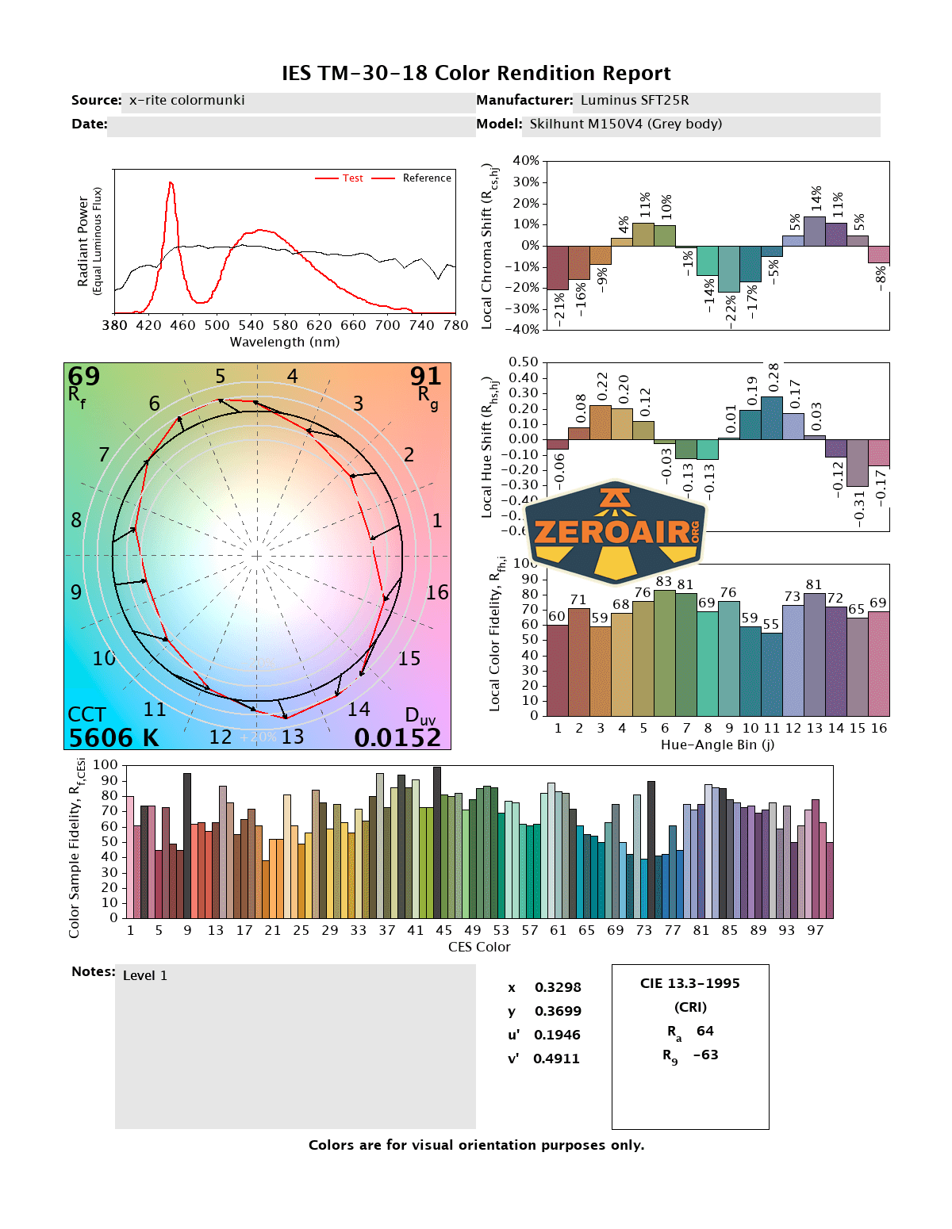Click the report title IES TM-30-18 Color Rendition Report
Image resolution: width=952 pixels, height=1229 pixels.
pyautogui.click(x=476, y=74)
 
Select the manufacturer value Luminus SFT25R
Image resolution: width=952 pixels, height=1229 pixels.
pyautogui.click(x=634, y=101)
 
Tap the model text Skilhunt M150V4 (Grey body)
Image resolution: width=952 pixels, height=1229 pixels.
pyautogui.click(x=625, y=124)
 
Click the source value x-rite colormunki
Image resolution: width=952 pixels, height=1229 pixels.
pyautogui.click(x=186, y=101)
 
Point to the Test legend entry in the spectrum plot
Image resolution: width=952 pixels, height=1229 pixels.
pyautogui.click(x=352, y=178)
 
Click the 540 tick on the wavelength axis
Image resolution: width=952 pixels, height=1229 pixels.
pyautogui.click(x=251, y=325)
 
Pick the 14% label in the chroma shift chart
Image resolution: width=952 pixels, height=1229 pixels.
pyautogui.click(x=816, y=198)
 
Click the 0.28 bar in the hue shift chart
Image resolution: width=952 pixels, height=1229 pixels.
pyautogui.click(x=771, y=418)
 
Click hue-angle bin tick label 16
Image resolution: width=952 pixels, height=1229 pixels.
pyautogui.click(x=878, y=729)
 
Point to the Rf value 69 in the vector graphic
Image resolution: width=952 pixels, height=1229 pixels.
pyautogui.click(x=83, y=376)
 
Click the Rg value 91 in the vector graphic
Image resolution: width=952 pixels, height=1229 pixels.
pyautogui.click(x=425, y=376)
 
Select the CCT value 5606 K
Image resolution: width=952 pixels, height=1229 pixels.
pyautogui.click(x=113, y=738)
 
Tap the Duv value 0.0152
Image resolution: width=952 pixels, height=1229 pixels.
pyautogui.click(x=397, y=738)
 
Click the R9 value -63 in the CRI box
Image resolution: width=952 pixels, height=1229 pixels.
pyautogui.click(x=705, y=1055)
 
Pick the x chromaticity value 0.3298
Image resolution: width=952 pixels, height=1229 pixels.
pyautogui.click(x=558, y=988)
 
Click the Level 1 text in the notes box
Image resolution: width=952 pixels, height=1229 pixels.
pyautogui.click(x=145, y=976)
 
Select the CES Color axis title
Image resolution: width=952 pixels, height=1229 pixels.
pyautogui.click(x=479, y=948)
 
